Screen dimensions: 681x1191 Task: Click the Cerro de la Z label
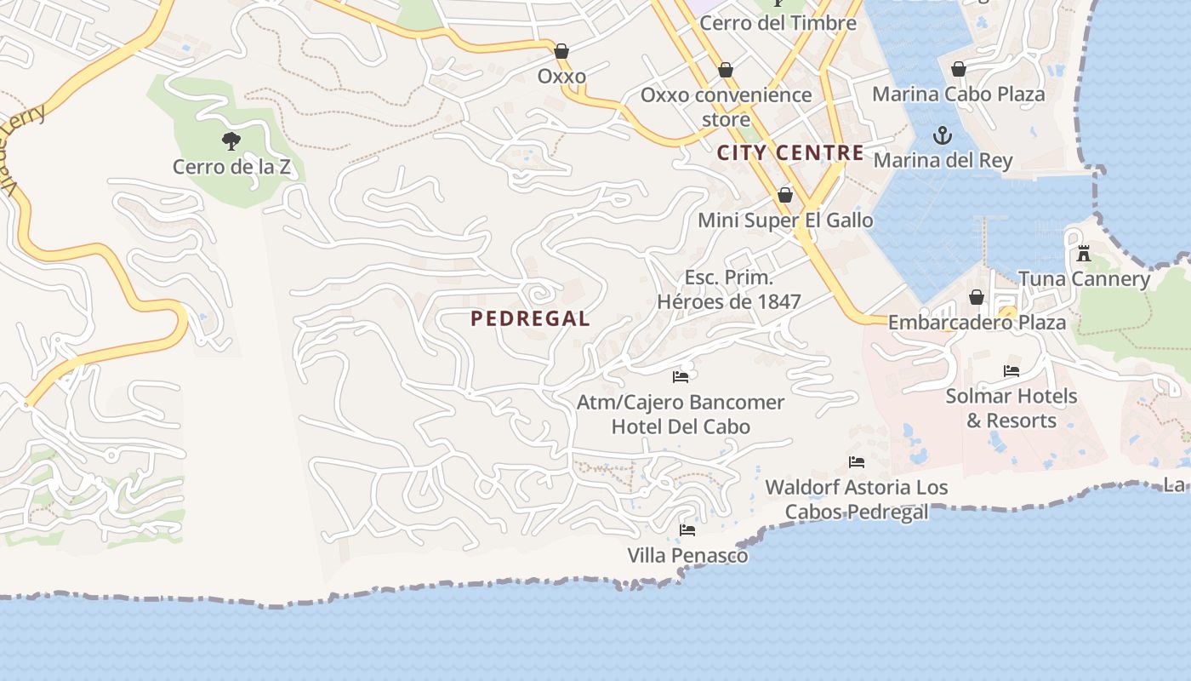click(231, 167)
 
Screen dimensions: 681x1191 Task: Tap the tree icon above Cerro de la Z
click(231, 140)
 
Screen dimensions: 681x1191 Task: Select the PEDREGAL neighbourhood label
click(530, 319)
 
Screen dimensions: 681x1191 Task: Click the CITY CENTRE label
click(790, 153)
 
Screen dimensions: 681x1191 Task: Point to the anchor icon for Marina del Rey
click(943, 135)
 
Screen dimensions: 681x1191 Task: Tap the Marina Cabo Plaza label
click(959, 94)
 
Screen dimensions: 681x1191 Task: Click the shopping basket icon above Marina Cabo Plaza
click(959, 69)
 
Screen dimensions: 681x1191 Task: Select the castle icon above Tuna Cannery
click(1083, 254)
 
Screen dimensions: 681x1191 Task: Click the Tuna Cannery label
click(1084, 279)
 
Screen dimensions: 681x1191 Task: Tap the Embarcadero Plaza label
click(977, 323)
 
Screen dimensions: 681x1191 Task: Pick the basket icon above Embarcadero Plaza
click(977, 297)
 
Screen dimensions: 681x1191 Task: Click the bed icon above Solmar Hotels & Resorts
click(1011, 371)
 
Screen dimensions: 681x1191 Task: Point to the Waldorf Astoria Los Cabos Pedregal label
click(857, 500)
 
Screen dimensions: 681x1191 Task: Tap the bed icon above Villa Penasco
click(687, 530)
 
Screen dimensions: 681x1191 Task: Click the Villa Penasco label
click(687, 556)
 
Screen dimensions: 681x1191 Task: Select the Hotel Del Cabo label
click(681, 426)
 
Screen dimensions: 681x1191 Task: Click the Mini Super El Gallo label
click(785, 220)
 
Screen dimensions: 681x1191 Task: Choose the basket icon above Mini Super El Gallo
click(785, 196)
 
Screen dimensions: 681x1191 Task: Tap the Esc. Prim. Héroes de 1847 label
click(729, 289)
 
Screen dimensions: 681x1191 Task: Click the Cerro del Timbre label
click(778, 23)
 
